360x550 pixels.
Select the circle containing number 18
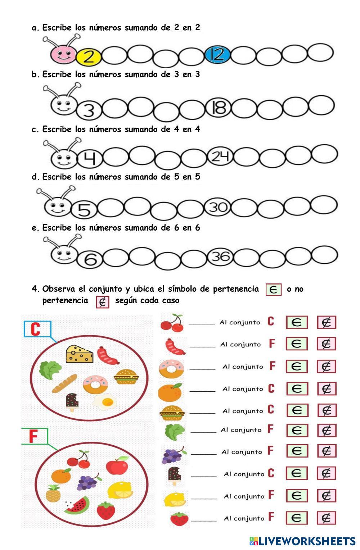tap(219, 108)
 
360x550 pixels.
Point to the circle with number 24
tap(220, 156)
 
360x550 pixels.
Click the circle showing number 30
tap(218, 207)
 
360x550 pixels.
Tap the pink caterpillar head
tap(63, 55)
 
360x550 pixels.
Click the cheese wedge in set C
tap(79, 354)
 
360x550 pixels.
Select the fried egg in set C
tap(105, 401)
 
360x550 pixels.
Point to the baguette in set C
tap(64, 383)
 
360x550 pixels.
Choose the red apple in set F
tap(117, 465)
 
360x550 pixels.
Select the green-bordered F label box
tap(34, 436)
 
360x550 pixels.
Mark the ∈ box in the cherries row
tap(297, 322)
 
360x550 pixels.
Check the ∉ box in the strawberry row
tap(326, 518)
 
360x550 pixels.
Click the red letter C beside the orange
tap(271, 388)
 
